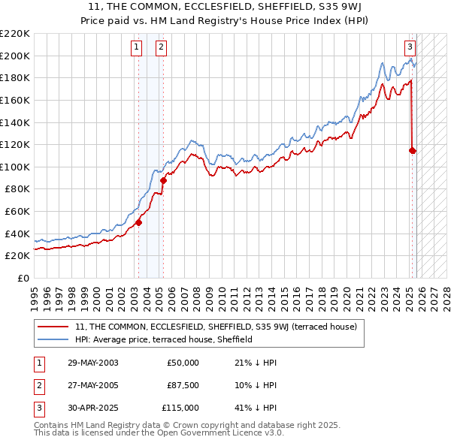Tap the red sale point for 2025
(x=413, y=150)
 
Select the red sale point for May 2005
(x=163, y=180)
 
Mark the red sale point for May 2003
(x=138, y=222)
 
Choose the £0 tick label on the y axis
(x=23, y=278)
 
